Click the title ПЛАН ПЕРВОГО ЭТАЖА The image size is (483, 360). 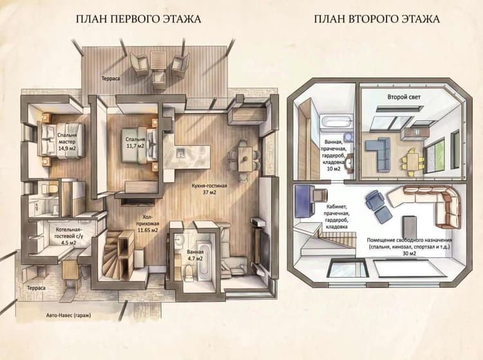(x=138, y=19)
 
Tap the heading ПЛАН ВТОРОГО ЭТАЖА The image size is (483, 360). (x=377, y=19)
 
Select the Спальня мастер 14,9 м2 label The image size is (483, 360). (x=67, y=141)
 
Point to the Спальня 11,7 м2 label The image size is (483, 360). (x=135, y=142)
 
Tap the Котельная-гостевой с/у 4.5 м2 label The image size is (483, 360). (x=68, y=236)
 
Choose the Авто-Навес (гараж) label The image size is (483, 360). (x=68, y=316)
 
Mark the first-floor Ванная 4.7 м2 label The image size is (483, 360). (x=194, y=255)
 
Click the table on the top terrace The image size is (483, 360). (x=158, y=61)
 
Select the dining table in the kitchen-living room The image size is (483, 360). (x=245, y=158)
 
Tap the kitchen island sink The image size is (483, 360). (x=180, y=153)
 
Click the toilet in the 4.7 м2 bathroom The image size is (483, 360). (x=188, y=272)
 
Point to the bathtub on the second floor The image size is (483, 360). (x=336, y=121)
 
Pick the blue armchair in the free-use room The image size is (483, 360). (x=374, y=200)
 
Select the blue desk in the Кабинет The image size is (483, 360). (x=304, y=201)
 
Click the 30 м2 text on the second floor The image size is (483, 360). (x=410, y=254)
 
